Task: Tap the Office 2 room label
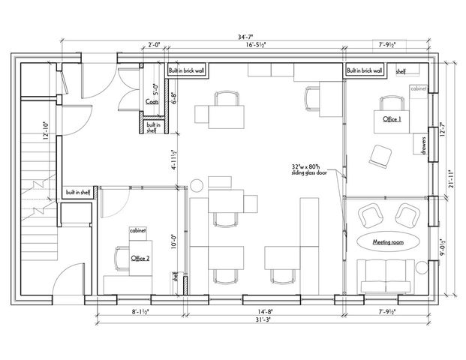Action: click(140, 258)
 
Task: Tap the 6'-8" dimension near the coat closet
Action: click(174, 97)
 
